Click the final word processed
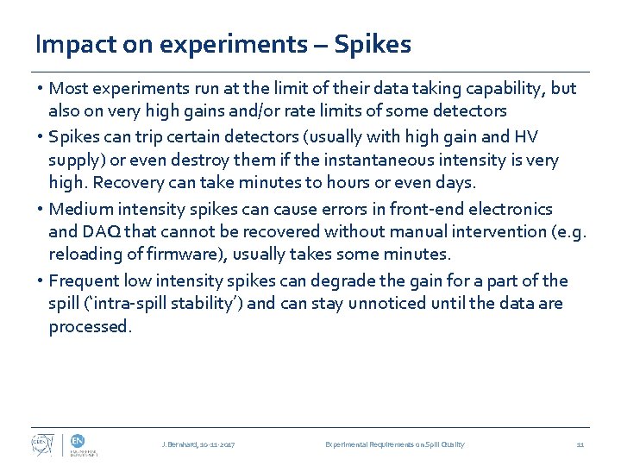click(x=89, y=327)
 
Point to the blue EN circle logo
click(x=76, y=440)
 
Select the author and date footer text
click(x=198, y=444)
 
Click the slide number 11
click(x=580, y=444)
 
